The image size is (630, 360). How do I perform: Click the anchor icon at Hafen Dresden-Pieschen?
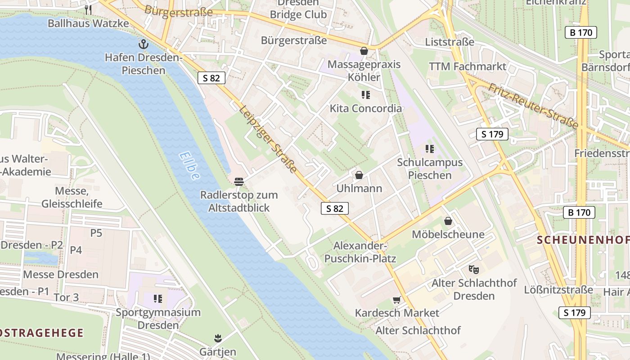tap(143, 44)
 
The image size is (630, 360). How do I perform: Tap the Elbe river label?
tap(189, 166)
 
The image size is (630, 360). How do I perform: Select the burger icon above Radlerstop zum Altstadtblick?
tap(239, 182)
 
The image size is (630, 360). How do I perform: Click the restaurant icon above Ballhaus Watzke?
tap(88, 9)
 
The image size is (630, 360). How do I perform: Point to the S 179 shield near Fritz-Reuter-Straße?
tap(492, 134)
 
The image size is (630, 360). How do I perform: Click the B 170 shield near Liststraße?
tap(580, 32)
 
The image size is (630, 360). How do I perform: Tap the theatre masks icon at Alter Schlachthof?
tap(473, 270)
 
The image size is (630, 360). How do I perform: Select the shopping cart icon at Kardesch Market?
tap(396, 300)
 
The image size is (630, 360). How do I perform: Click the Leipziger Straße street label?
tap(269, 139)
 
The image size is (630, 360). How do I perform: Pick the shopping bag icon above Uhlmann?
tap(359, 175)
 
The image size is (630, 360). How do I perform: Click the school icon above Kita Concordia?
tap(365, 95)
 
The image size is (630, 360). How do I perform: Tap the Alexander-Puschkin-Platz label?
tap(360, 252)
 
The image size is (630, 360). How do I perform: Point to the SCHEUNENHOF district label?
tap(583, 240)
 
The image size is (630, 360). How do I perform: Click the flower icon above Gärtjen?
tap(218, 338)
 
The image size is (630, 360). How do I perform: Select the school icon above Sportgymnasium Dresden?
tap(157, 299)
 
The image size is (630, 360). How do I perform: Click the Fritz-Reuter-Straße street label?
tap(533, 106)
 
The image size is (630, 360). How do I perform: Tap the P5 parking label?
tap(96, 233)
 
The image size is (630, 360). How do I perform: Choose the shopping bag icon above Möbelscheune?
tap(448, 221)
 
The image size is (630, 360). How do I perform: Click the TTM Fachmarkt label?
tap(467, 67)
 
